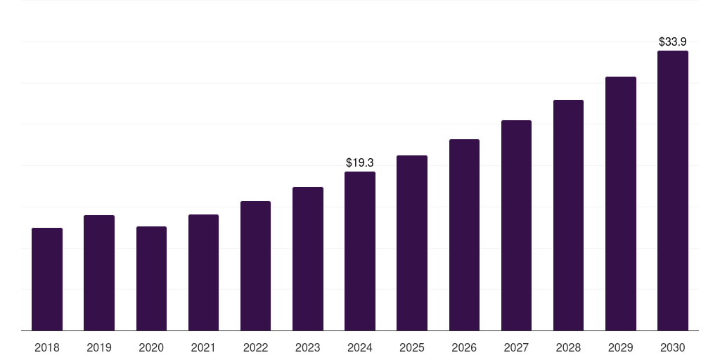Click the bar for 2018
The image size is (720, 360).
pyautogui.click(x=47, y=279)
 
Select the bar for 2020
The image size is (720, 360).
pyautogui.click(x=151, y=278)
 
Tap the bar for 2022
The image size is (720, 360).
pyautogui.click(x=255, y=266)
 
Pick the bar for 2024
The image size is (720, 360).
pyautogui.click(x=360, y=251)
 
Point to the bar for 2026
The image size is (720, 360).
pyautogui.click(x=464, y=235)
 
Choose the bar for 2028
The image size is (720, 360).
pyautogui.click(x=568, y=215)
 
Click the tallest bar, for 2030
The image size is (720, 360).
pyautogui.click(x=672, y=191)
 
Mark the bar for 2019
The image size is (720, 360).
pyautogui.click(x=99, y=273)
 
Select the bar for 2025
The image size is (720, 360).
pyautogui.click(x=412, y=243)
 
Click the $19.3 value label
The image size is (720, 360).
pyautogui.click(x=360, y=162)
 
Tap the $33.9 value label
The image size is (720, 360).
pyautogui.click(x=672, y=41)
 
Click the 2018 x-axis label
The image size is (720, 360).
pyautogui.click(x=47, y=347)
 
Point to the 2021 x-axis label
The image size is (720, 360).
pyautogui.click(x=203, y=347)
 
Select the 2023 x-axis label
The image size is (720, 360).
pyautogui.click(x=307, y=347)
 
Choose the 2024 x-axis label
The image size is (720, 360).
pyautogui.click(x=360, y=347)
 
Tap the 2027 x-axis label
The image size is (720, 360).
pyautogui.click(x=516, y=347)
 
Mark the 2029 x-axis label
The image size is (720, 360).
pyautogui.click(x=620, y=347)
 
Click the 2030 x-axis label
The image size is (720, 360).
pyautogui.click(x=672, y=347)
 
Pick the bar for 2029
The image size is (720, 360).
pyautogui.click(x=620, y=203)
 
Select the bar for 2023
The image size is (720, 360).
pyautogui.click(x=307, y=259)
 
